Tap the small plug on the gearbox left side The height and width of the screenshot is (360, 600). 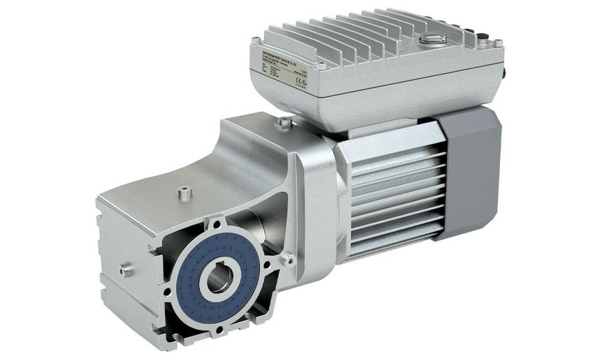[x=126, y=270]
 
